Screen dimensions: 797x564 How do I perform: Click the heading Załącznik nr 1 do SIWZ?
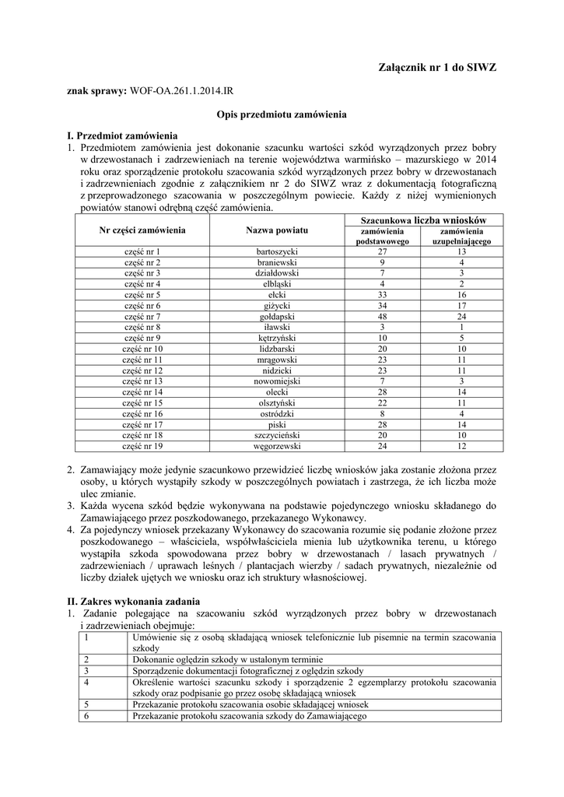436,68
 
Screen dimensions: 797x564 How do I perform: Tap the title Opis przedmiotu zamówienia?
281,114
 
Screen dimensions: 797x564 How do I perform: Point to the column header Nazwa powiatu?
277,230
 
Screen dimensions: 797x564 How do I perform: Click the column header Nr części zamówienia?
142,230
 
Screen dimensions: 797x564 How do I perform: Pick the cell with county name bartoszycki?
277,251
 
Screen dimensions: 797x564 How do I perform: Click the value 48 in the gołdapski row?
382,317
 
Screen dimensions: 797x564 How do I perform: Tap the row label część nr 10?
142,349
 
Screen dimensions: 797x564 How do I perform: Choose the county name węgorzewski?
277,447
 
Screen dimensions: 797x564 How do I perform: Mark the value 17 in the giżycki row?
461,306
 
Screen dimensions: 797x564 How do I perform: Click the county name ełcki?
277,295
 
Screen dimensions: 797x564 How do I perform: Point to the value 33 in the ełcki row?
382,295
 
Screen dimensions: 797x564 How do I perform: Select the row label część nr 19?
142,447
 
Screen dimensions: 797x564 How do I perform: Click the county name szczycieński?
277,436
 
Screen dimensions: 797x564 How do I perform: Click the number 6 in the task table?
87,715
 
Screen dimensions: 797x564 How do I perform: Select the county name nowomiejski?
277,381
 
